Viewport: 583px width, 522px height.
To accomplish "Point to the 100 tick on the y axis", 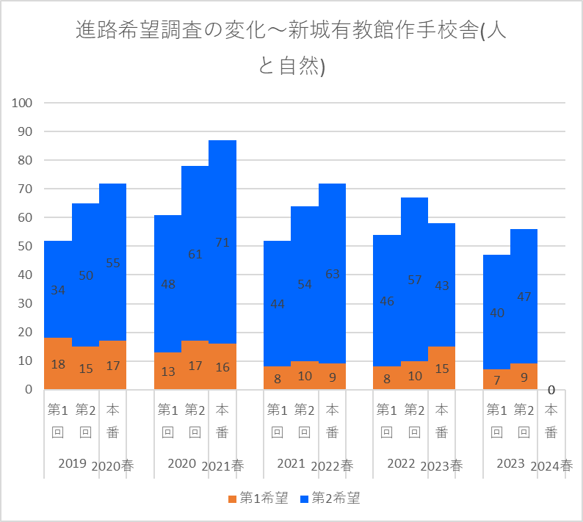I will (23, 103).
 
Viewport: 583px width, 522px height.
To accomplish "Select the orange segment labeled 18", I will (58, 363).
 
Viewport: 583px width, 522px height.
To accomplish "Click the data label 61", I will (195, 255).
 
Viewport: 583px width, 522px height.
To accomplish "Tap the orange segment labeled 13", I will (167, 371).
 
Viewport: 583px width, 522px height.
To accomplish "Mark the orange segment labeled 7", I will (496, 379).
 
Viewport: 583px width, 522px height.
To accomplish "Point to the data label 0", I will (551, 390).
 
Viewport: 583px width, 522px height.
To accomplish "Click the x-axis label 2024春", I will (551, 465).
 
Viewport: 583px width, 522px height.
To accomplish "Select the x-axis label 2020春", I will (113, 465).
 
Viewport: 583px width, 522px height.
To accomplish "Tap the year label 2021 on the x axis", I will (291, 463).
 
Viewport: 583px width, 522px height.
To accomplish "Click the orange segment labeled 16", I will (222, 366).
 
